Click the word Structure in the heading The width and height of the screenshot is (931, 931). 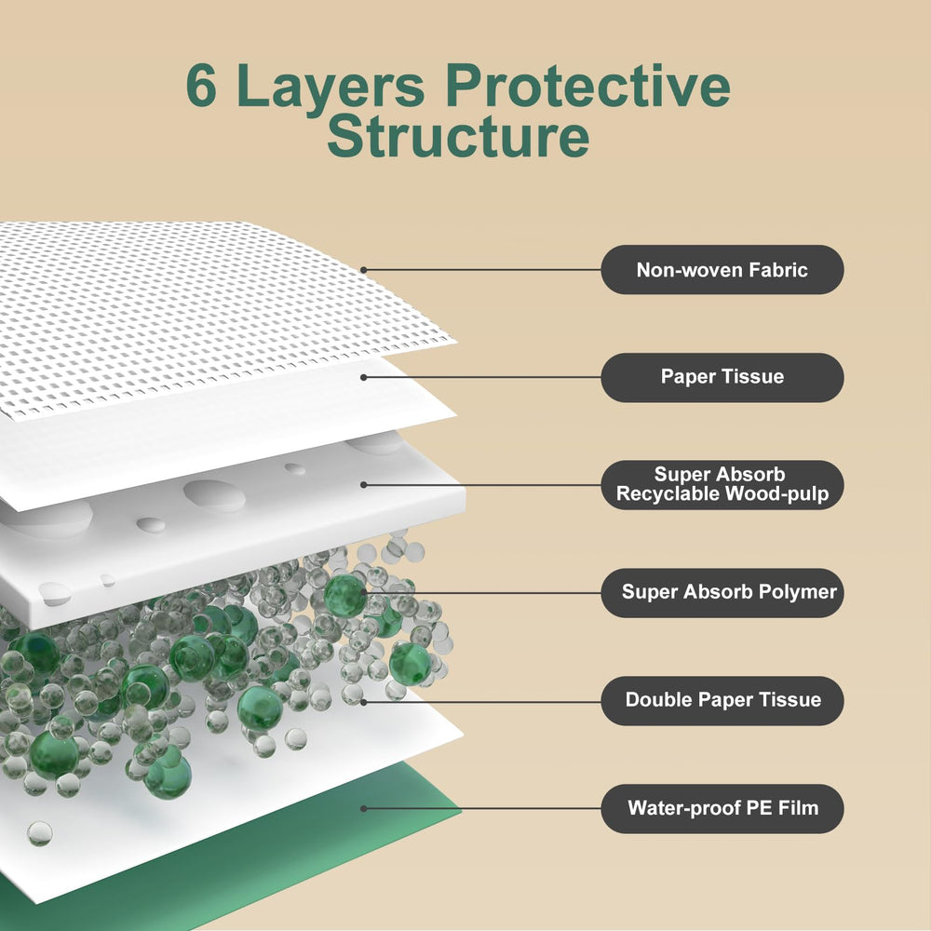(458, 135)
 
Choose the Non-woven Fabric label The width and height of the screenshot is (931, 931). (722, 270)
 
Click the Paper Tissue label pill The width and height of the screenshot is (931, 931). (722, 377)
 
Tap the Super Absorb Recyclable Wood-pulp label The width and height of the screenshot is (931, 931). (722, 484)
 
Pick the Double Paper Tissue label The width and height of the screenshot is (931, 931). (722, 700)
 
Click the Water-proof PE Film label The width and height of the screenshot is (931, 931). (722, 807)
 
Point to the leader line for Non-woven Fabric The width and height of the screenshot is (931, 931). (484, 270)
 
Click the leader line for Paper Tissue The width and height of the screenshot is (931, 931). (484, 377)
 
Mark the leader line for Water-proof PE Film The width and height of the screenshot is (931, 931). (484, 808)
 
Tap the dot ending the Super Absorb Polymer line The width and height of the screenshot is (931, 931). (364, 591)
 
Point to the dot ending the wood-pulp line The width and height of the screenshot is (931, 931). (364, 484)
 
